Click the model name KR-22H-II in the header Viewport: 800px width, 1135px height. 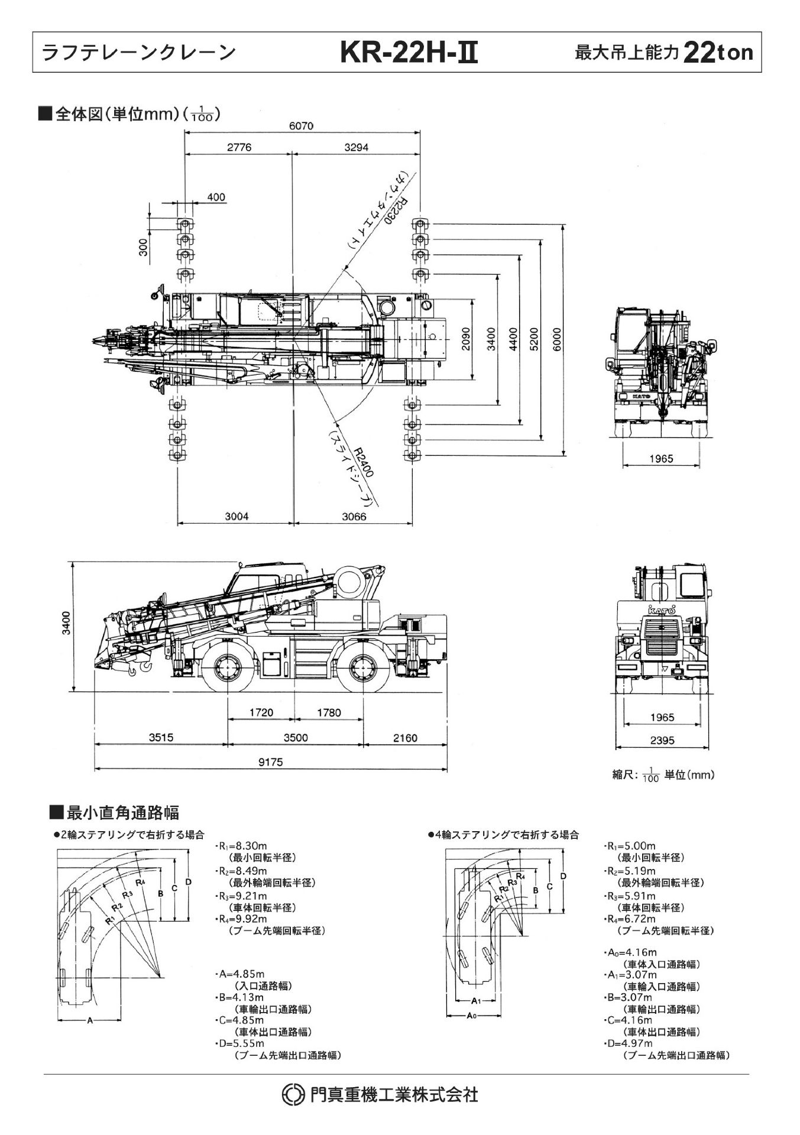408,54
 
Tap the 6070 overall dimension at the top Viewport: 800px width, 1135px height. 302,126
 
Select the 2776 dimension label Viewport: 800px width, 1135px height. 239,147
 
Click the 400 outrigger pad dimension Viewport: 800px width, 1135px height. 216,197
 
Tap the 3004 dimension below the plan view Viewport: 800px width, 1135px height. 237,516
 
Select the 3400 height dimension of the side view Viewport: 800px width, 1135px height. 67,623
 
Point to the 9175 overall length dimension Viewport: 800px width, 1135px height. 270,762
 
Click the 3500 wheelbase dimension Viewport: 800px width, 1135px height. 296,738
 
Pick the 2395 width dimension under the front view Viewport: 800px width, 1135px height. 662,740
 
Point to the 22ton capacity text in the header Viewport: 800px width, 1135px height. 718,53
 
